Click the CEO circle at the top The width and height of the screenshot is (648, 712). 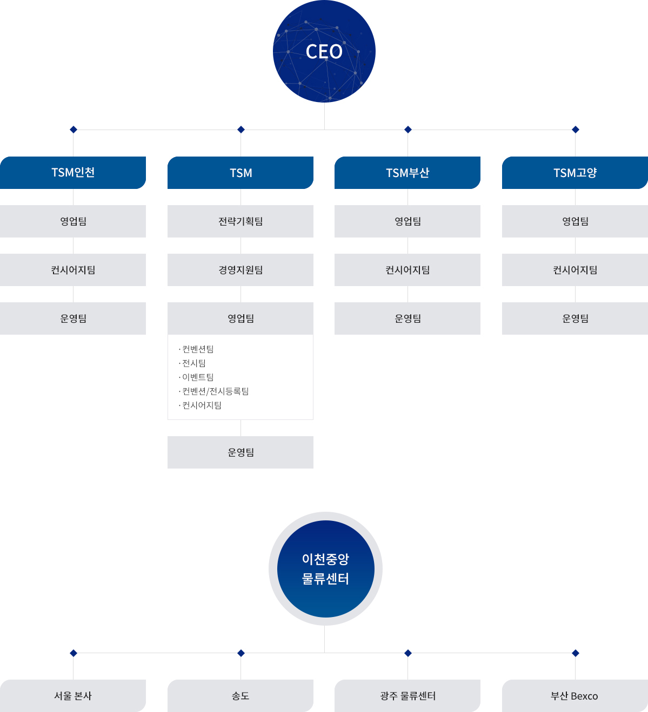click(x=324, y=51)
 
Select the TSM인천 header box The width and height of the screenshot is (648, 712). click(x=73, y=173)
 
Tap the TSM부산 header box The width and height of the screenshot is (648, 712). click(x=407, y=173)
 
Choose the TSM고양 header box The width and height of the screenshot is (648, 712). click(x=575, y=173)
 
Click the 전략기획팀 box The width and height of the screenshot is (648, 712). click(x=241, y=221)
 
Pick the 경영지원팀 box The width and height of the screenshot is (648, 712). click(x=241, y=270)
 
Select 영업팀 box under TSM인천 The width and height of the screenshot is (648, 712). click(x=73, y=221)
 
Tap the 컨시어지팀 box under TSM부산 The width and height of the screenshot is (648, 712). click(x=407, y=270)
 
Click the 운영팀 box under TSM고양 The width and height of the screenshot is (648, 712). click(x=575, y=318)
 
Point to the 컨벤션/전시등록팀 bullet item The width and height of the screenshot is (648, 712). click(x=213, y=391)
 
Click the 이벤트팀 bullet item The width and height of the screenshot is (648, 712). click(x=196, y=377)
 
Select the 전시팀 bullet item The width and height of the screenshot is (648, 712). click(x=192, y=363)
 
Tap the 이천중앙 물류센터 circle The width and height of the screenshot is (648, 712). click(x=325, y=568)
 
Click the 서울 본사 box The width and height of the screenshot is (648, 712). click(x=73, y=696)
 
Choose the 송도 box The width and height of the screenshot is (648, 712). click(x=241, y=696)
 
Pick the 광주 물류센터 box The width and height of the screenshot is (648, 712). click(x=407, y=696)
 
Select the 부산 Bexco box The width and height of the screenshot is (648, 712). click(x=575, y=696)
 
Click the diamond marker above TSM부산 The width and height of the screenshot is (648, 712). click(x=408, y=130)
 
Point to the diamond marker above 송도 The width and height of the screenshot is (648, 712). click(x=241, y=653)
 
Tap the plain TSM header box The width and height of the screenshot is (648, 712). click(x=241, y=173)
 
